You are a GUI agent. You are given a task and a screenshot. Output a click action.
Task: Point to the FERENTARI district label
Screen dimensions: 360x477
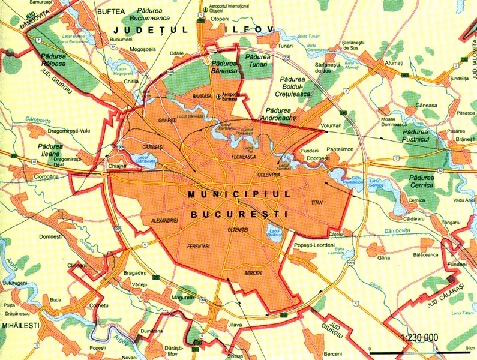coord(201,247)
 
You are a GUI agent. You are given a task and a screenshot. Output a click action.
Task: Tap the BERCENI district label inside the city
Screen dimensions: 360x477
coord(254,274)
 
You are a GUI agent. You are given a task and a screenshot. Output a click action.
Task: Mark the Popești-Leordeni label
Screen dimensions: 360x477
coord(312,244)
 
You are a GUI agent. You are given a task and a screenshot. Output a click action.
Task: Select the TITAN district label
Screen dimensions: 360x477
coord(317,203)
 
